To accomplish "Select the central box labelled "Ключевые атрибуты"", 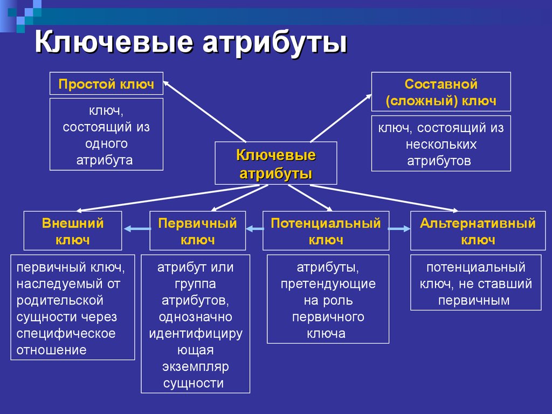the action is point(276,163).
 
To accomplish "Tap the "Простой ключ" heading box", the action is point(106,84).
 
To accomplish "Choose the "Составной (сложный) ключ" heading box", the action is point(441,92).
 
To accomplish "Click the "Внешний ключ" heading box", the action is point(73,231).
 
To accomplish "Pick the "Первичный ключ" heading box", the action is point(197,231).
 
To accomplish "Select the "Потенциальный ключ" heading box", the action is point(326,231).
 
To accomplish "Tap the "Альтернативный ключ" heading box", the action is point(478,231).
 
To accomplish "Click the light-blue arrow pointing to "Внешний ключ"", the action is point(137,229).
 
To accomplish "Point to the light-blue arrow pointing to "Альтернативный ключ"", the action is point(399,229).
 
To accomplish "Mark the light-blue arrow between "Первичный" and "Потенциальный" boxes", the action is point(254,229).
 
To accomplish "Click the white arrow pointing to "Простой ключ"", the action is point(204,111).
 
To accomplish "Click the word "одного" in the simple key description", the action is point(106,143).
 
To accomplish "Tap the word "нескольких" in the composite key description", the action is point(441,144).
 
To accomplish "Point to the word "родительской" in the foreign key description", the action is point(60,300).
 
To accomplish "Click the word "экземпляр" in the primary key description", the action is point(195,367).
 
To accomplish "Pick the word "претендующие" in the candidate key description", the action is point(328,284).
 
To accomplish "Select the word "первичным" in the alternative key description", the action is point(474,301).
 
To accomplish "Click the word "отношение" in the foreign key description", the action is point(51,350).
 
